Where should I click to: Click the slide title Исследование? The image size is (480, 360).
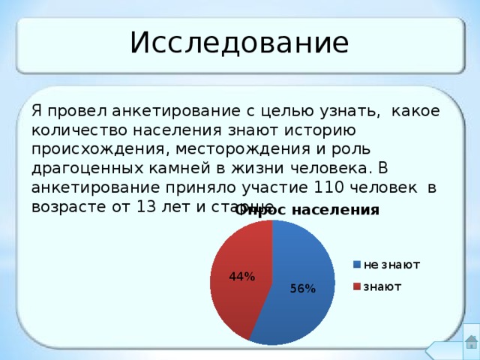239,43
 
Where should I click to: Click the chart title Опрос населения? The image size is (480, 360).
307,210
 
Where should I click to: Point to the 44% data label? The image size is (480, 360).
242,277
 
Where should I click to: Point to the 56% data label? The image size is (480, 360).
303,289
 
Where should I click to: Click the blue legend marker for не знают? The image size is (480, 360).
358,265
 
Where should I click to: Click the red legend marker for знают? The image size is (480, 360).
358,286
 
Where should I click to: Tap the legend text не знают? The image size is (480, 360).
391,265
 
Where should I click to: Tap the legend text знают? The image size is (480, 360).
382,286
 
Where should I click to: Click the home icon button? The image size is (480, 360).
471,341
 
